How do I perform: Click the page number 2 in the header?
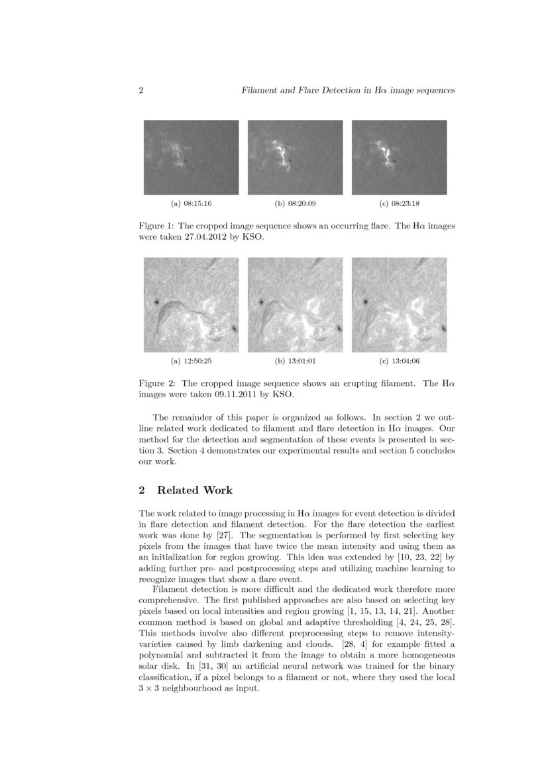pos(141,91)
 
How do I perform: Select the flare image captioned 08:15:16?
pos(191,157)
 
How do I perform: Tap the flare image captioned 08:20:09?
pos(295,157)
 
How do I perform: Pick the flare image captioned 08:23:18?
pos(399,157)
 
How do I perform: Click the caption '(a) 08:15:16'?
pos(191,203)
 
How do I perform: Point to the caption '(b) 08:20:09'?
pos(295,203)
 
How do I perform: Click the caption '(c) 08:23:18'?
pos(399,203)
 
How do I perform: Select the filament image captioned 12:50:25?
pos(191,305)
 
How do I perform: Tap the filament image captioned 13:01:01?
pos(295,305)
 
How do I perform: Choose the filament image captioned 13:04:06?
pos(399,305)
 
